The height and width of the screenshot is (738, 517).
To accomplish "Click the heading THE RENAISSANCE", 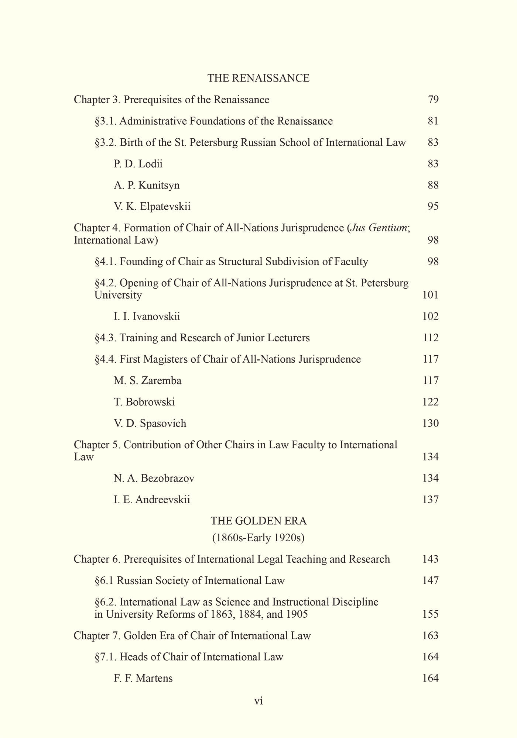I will [x=258, y=78].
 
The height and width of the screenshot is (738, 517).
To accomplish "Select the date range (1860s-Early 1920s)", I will [x=258, y=538].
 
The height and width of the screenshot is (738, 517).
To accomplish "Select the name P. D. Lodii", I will [x=138, y=163].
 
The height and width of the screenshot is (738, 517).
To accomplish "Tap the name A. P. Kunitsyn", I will [x=147, y=185].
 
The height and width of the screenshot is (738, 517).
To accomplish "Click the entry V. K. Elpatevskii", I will [x=152, y=206].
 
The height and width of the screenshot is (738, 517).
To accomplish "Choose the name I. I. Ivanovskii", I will [x=147, y=316].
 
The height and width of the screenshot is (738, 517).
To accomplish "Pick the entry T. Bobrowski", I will [x=144, y=402].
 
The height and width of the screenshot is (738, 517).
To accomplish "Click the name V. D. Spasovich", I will [x=150, y=423].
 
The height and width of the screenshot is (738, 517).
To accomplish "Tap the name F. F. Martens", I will [x=143, y=678].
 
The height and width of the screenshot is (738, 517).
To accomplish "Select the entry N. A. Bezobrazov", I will [x=154, y=478].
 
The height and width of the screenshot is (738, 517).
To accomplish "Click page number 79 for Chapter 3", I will [x=433, y=100].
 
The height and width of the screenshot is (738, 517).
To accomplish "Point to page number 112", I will [x=430, y=338].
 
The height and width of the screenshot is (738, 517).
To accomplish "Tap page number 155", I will [x=430, y=614].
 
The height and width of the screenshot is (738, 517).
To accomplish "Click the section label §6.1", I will [x=104, y=580].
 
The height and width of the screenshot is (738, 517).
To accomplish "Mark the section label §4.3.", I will [x=106, y=338].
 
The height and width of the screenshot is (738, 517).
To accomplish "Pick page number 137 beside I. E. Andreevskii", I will [x=430, y=500].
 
